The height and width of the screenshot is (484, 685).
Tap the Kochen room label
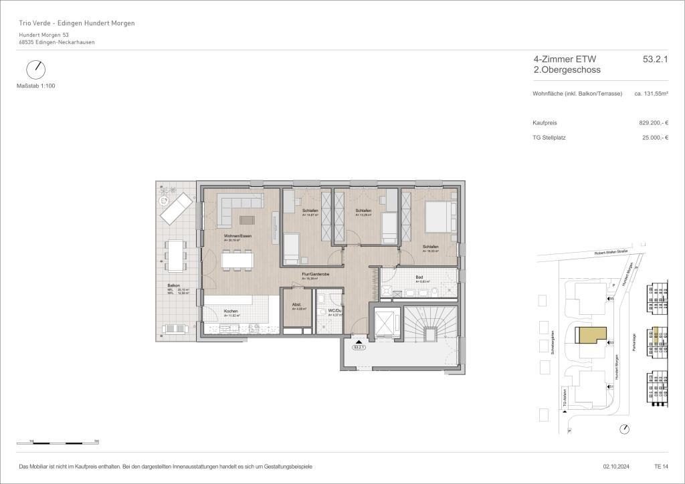coord(231,312)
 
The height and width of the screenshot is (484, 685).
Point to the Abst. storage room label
coord(296,305)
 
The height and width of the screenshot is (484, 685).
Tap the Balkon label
coord(174,285)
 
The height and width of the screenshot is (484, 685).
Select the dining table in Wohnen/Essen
coord(237,259)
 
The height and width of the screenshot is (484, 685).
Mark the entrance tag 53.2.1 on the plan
coord(359,347)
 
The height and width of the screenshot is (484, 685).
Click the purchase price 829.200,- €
coord(654,123)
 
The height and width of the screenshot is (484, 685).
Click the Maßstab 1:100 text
coord(35,86)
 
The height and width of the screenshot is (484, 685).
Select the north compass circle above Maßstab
coord(35,70)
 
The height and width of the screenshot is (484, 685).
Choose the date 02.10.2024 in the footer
coord(609,466)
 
